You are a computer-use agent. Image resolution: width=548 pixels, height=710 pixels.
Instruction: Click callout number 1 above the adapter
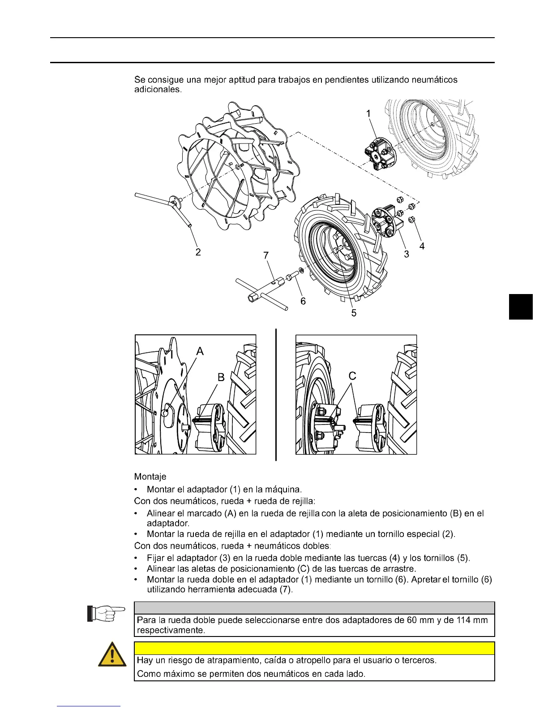point(368,114)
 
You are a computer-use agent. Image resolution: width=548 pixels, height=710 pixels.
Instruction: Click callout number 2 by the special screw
point(198,252)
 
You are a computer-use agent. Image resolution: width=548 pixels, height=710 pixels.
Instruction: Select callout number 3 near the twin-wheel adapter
point(407,254)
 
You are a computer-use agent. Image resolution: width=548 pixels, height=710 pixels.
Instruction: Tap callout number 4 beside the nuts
point(422,246)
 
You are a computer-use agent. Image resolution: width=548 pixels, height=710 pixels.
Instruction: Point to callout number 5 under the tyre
point(354,313)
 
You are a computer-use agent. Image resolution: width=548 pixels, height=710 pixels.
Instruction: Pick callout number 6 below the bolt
point(303,301)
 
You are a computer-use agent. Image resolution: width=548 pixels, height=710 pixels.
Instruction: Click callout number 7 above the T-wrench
point(266,255)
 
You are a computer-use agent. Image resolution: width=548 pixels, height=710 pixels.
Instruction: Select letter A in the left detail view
point(200,351)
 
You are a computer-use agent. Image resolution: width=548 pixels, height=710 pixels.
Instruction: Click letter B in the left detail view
point(221,377)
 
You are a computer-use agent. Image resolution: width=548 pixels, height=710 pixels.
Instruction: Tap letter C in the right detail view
point(352,376)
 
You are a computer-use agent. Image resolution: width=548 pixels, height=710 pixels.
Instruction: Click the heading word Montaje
point(150,476)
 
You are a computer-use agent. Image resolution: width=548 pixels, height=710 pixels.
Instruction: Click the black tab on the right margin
point(521,307)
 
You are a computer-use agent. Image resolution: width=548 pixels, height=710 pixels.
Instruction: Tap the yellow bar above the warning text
point(314,649)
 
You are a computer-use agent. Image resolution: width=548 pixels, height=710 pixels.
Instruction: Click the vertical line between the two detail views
point(276,394)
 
